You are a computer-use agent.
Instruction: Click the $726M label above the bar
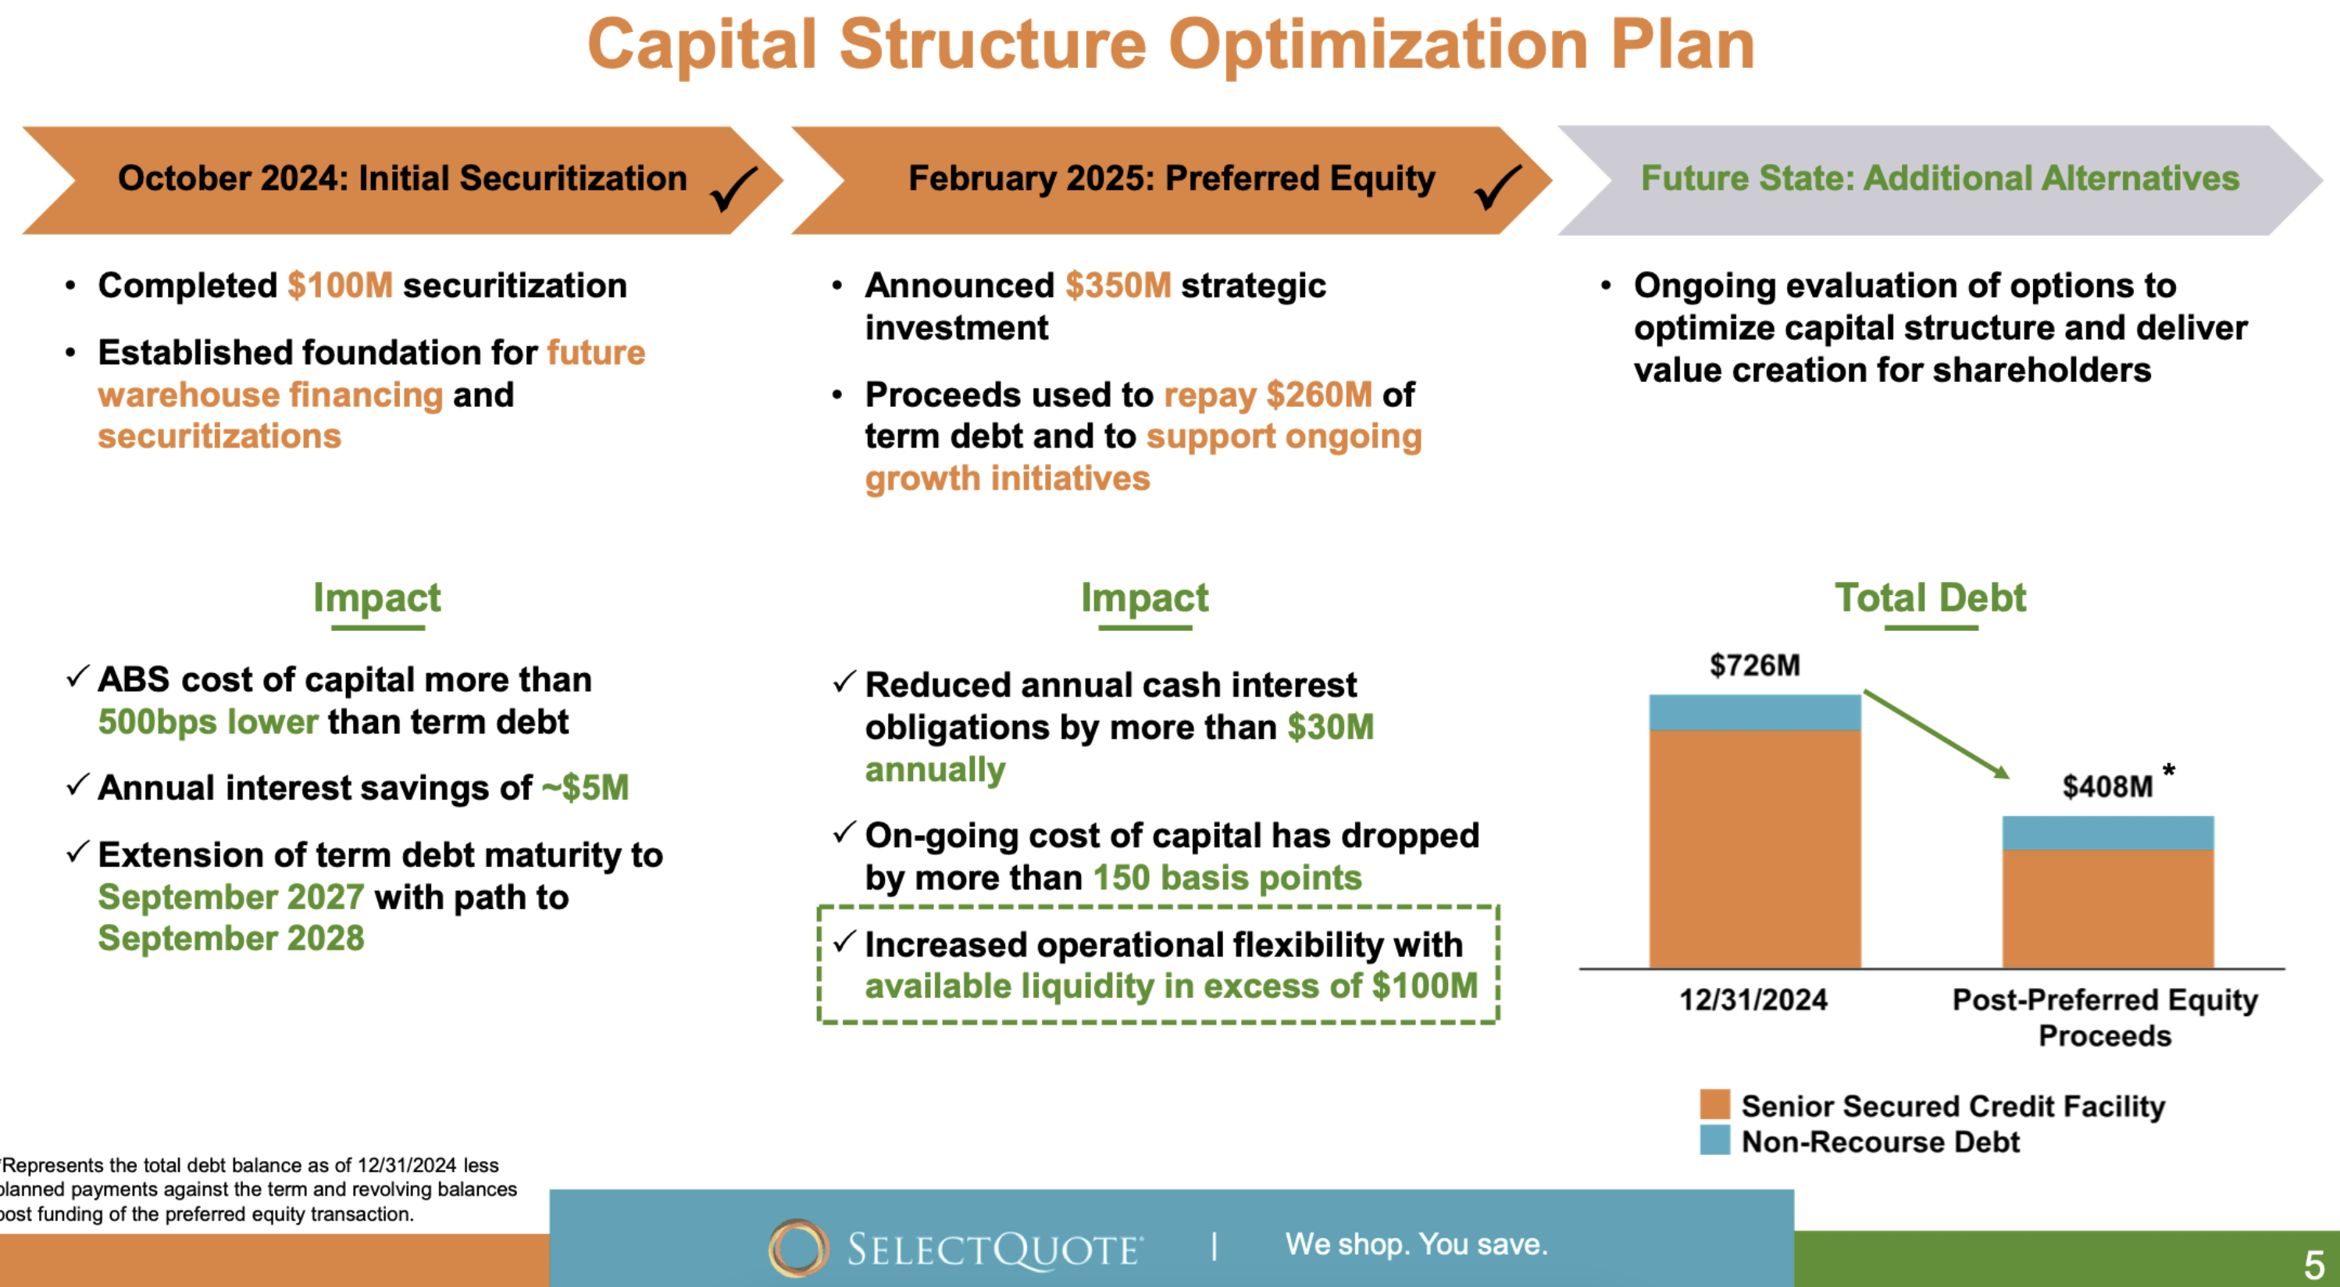(x=1754, y=665)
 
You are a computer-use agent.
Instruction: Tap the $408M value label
(x=2106, y=786)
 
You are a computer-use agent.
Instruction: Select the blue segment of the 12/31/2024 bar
(x=1754, y=712)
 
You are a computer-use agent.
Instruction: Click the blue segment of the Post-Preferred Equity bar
(x=2107, y=832)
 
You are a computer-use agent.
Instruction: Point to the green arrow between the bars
(x=1935, y=734)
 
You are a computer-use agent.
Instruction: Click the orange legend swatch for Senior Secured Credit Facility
(x=1714, y=1104)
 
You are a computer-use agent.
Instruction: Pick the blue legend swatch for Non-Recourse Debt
(x=1714, y=1140)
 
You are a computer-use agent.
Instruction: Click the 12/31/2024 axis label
(x=1753, y=999)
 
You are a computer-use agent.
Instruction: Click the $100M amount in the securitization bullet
(x=340, y=285)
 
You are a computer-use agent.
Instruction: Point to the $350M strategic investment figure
(x=1118, y=285)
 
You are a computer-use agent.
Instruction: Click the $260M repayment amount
(x=1319, y=394)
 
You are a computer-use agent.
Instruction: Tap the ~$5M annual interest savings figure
(x=585, y=787)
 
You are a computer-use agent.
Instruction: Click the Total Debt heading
(x=1930, y=597)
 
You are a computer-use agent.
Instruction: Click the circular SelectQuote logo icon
(x=797, y=1247)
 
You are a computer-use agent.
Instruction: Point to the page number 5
(x=2313, y=1264)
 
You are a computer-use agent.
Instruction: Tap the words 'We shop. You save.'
(x=1415, y=1243)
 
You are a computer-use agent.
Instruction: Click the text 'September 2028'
(x=230, y=938)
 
